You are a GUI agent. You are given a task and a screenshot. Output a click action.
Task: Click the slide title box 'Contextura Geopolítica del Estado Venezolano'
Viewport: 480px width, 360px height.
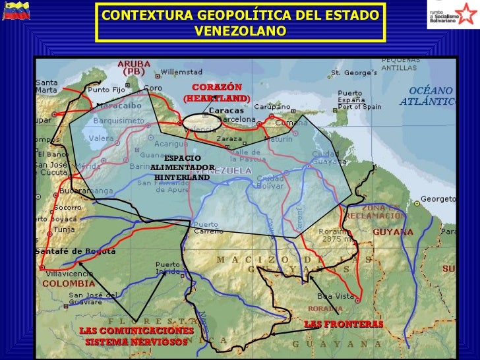click(241, 22)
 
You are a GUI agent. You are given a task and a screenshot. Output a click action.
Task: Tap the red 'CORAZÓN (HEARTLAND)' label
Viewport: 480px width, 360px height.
click(217, 92)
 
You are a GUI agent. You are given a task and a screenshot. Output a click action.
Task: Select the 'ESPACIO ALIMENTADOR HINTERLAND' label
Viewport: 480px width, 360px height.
click(183, 167)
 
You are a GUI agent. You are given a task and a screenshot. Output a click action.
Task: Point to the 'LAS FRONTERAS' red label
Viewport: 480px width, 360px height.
click(343, 324)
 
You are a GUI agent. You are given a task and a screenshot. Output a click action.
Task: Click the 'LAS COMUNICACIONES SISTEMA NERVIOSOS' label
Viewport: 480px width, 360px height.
click(136, 336)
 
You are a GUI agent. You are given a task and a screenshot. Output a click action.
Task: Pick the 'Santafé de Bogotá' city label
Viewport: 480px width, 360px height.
click(77, 251)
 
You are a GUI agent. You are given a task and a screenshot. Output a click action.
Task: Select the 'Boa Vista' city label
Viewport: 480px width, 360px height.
click(336, 296)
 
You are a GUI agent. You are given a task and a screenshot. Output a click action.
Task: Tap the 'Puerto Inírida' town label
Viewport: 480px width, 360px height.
click(168, 267)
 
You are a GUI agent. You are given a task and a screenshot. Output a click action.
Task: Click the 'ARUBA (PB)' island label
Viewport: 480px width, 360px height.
click(134, 67)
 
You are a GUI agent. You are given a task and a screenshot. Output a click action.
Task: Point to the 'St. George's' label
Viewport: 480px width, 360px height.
click(353, 72)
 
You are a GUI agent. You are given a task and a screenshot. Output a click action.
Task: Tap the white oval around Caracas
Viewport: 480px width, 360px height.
click(202, 123)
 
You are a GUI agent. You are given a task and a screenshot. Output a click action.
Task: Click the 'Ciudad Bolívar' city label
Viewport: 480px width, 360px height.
click(270, 181)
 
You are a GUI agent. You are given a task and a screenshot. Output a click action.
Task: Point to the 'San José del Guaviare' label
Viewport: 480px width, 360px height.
click(94, 299)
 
